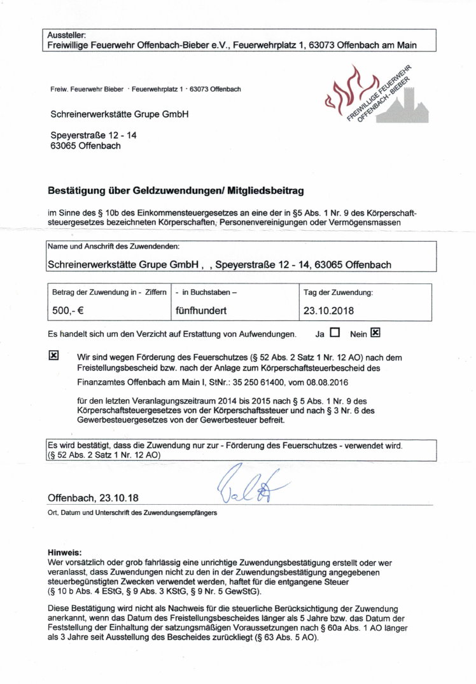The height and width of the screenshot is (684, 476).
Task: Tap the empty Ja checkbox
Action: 335,332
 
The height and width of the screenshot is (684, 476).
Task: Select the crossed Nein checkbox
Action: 375,332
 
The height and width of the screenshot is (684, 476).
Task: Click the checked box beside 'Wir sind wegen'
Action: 54,355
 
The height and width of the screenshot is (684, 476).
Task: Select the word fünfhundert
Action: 201,311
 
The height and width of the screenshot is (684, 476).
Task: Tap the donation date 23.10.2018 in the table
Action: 328,311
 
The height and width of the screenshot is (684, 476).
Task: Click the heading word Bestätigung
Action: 76,190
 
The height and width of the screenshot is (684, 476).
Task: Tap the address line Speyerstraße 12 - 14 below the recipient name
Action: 93,135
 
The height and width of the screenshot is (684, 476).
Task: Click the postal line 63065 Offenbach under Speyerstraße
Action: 85,146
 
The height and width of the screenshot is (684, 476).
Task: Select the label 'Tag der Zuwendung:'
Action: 338,292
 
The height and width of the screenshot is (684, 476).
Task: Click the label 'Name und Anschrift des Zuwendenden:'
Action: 113,246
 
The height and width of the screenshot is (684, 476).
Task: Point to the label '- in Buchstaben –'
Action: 206,292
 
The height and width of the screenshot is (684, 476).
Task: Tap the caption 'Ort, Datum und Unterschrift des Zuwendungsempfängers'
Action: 132,512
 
